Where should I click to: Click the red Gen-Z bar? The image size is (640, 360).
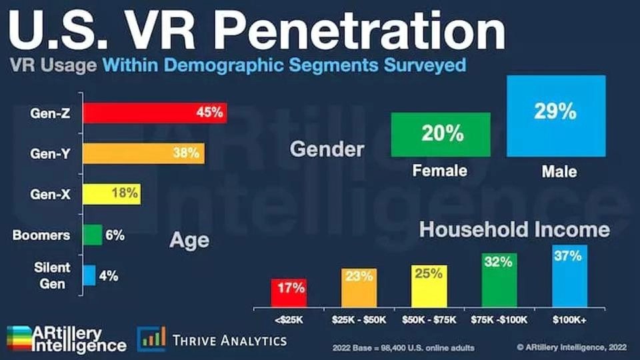[155, 113]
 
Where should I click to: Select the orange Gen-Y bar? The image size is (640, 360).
[144, 153]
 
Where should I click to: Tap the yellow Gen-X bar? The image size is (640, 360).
[112, 194]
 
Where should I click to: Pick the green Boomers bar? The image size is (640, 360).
[93, 235]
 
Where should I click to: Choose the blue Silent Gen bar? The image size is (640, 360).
[89, 275]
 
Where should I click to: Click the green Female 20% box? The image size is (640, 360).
[441, 135]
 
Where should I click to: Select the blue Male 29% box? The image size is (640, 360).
[556, 116]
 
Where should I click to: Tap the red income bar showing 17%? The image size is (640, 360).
[289, 293]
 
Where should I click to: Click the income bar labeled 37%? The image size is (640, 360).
[570, 276]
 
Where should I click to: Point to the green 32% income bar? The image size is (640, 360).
[499, 281]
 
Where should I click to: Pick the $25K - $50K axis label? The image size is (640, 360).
[359, 320]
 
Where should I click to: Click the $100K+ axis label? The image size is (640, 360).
[569, 320]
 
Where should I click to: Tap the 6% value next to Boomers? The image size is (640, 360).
[115, 235]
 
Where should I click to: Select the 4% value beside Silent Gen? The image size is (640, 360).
[109, 276]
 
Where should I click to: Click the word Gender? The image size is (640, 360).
[327, 149]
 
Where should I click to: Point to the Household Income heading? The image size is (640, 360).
[514, 229]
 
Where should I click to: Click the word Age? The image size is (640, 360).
[189, 241]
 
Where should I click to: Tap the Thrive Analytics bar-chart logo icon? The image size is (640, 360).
[151, 339]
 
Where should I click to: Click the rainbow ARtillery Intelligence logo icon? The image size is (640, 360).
[19, 339]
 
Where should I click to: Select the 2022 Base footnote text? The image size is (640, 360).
[403, 348]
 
